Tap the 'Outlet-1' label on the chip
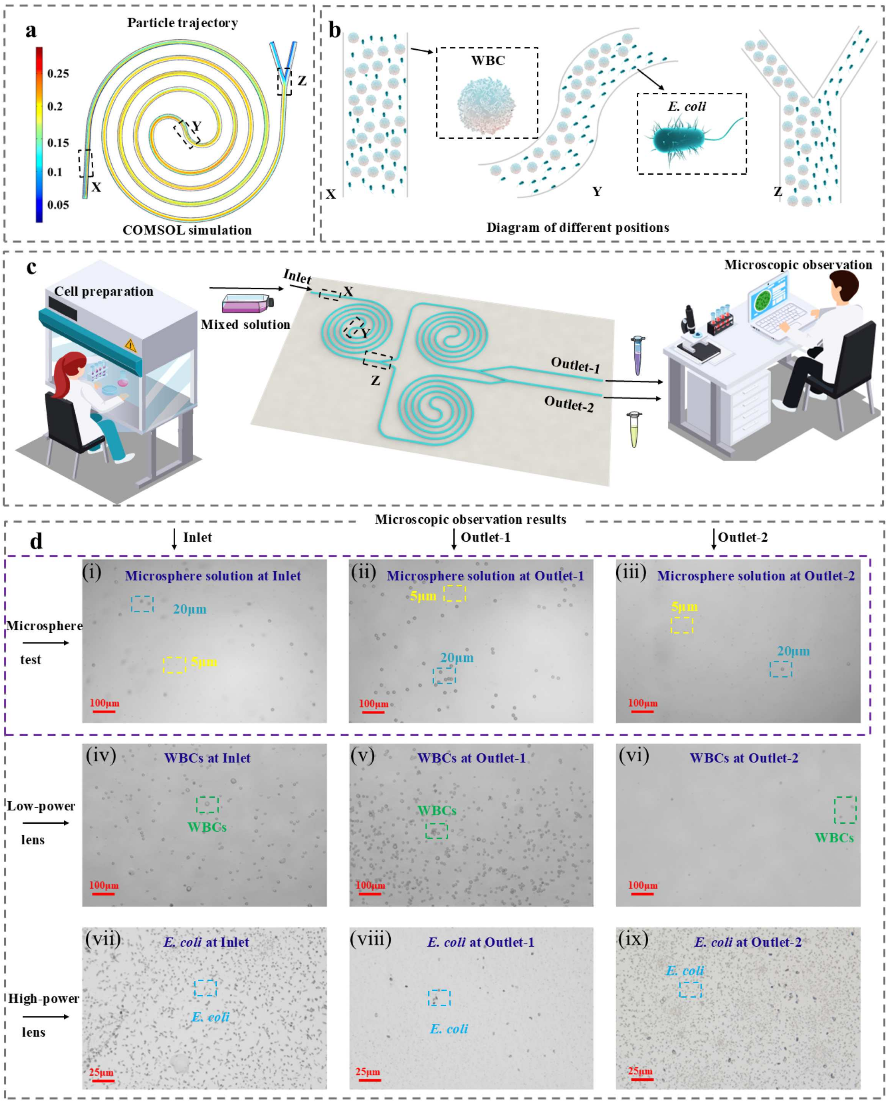click(575, 365)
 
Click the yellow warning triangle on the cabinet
click(131, 345)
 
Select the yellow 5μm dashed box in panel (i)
click(174, 665)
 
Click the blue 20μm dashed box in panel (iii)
click(781, 669)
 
